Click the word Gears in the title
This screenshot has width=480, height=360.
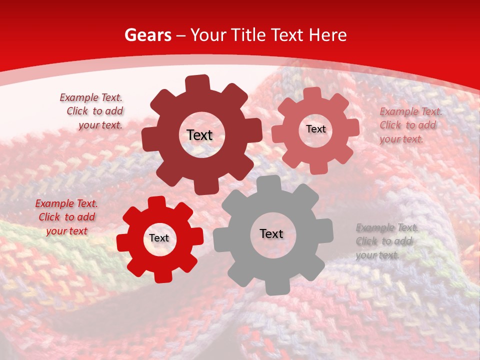click(x=147, y=35)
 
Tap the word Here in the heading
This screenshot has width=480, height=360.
click(x=328, y=35)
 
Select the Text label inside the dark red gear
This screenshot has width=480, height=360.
click(x=199, y=135)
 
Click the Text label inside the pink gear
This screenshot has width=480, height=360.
click(x=315, y=129)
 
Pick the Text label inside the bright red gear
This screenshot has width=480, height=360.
click(x=159, y=238)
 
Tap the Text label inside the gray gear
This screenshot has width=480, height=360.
click(x=271, y=233)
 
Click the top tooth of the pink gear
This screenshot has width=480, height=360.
click(x=312, y=94)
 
